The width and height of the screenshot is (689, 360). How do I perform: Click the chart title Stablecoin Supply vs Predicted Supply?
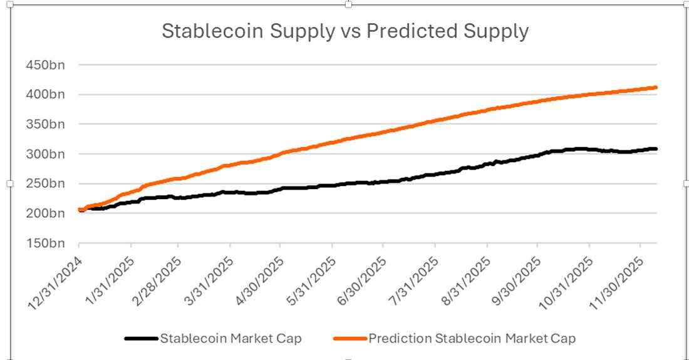point(345,31)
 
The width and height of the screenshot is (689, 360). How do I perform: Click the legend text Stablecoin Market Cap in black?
point(231,339)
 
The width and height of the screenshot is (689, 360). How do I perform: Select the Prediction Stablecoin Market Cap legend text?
point(472,339)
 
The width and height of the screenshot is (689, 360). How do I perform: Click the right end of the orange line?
point(655,88)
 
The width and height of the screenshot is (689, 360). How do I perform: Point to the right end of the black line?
point(655,149)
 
